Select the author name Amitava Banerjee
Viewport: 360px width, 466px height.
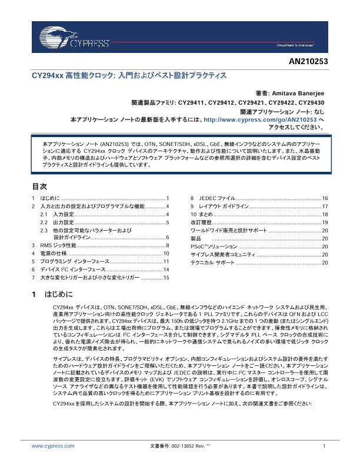pyautogui.click(x=295, y=93)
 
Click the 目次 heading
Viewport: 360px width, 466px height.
pyautogui.click(x=39, y=186)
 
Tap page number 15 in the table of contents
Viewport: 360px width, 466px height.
pyautogui.click(x=166, y=277)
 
